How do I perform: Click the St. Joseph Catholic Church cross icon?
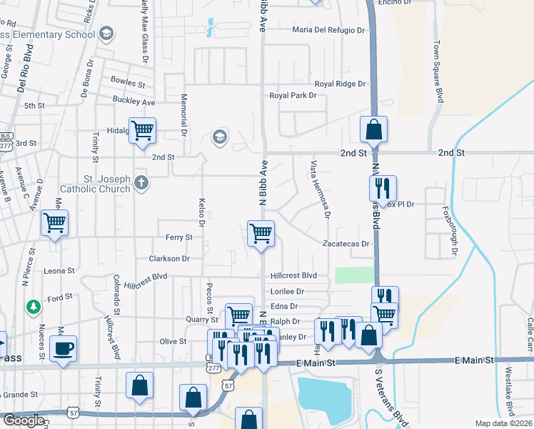(x=141, y=183)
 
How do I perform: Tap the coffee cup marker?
(x=63, y=349)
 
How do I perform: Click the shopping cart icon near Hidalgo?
(x=142, y=131)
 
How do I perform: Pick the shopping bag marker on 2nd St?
(x=373, y=129)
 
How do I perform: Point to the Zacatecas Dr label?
(x=348, y=244)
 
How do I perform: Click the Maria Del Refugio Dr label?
(x=329, y=30)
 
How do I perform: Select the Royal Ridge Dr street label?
(x=340, y=84)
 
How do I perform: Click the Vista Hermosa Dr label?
(x=319, y=189)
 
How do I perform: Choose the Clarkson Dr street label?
(x=169, y=258)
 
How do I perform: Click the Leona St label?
(x=59, y=271)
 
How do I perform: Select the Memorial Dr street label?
(x=184, y=115)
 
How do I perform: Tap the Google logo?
(x=24, y=420)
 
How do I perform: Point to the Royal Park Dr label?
(x=293, y=95)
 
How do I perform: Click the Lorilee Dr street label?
(x=287, y=292)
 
